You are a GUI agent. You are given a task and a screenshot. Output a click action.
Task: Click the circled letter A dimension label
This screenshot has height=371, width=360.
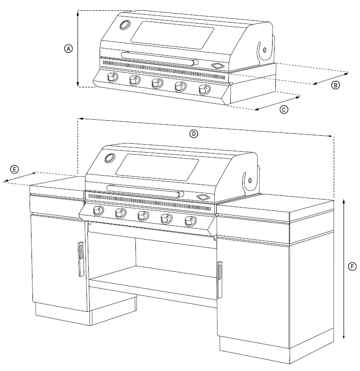pos(69,48)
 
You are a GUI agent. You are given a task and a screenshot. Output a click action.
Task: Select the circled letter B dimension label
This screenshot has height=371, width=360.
pos(335,85)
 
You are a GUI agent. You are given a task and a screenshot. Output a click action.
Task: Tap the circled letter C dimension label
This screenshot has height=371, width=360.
pos(283,109)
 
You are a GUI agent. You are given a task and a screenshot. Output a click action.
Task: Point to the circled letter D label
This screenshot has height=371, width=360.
pos(194,133)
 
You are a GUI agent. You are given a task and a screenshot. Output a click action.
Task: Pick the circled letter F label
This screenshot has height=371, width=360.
pos(352,266)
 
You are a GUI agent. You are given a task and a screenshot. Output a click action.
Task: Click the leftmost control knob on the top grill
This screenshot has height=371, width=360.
pos(111,78)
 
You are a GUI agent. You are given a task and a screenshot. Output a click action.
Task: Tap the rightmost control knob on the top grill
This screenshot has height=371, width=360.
pos(204,90)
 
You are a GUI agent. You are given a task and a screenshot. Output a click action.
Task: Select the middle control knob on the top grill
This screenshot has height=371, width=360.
pos(157,84)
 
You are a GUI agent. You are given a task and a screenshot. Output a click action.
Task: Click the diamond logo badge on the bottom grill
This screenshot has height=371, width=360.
pos(203,197)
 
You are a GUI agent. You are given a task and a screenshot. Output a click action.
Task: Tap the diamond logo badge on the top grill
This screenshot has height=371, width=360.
pos(217,65)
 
